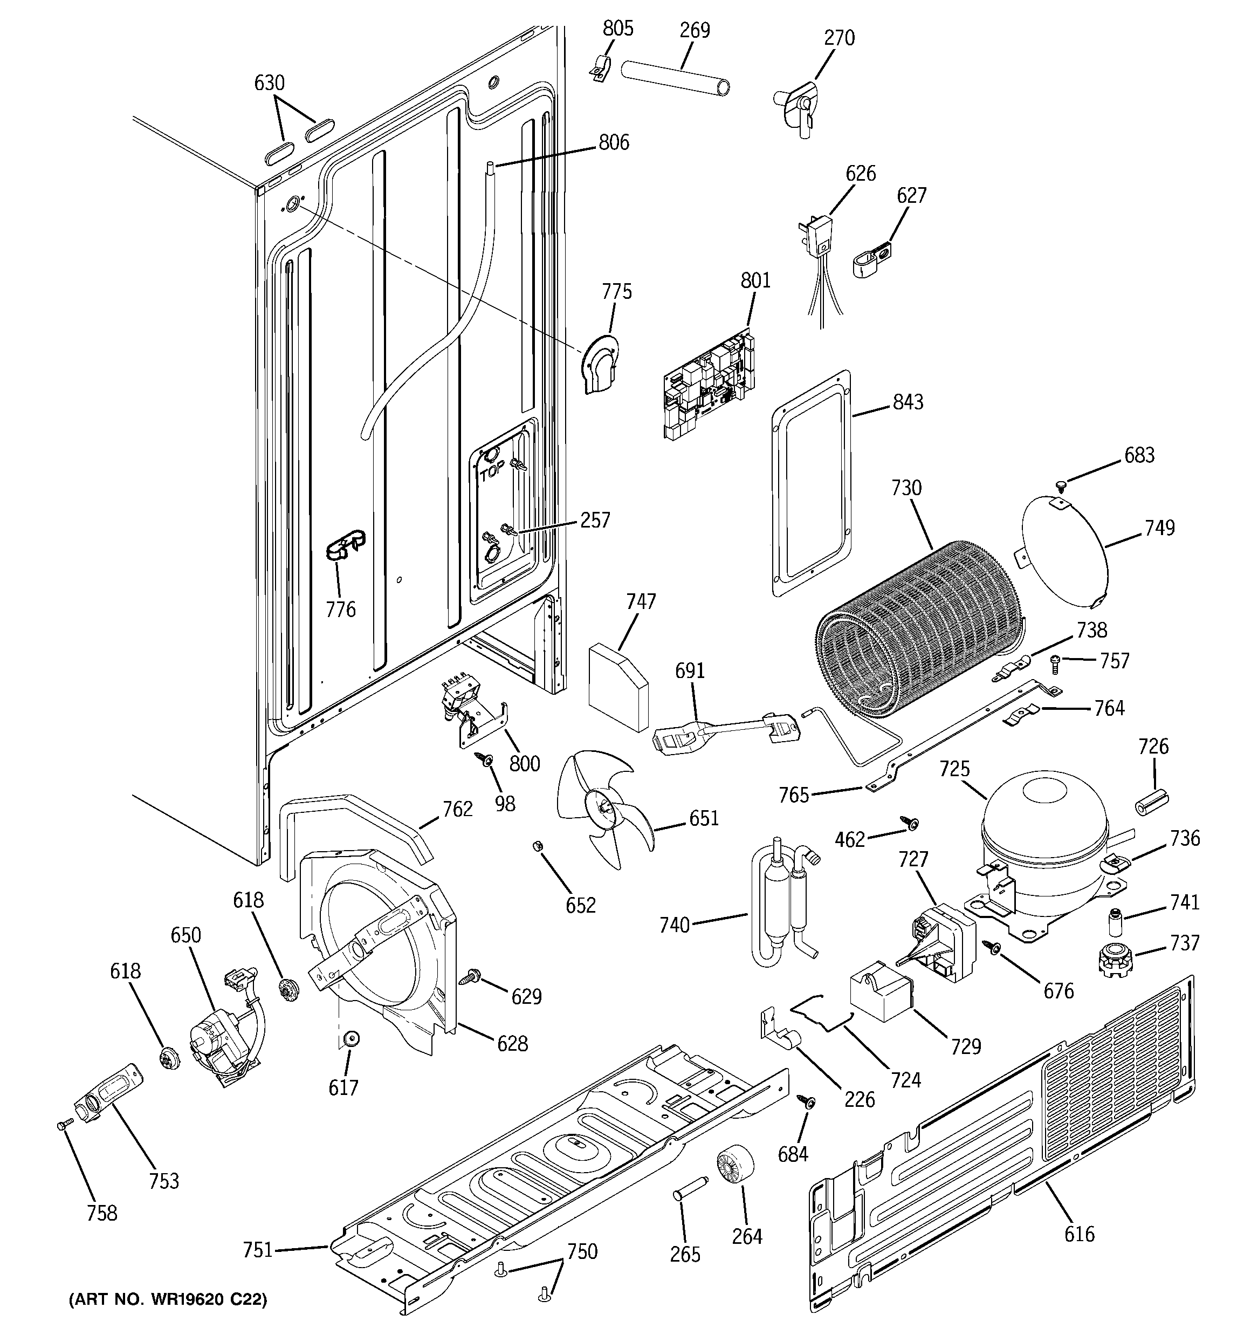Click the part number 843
[908, 402]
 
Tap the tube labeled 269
[676, 79]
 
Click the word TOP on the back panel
[492, 473]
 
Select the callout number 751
[258, 1250]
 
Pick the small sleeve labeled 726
[1152, 800]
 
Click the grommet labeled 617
[350, 1040]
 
